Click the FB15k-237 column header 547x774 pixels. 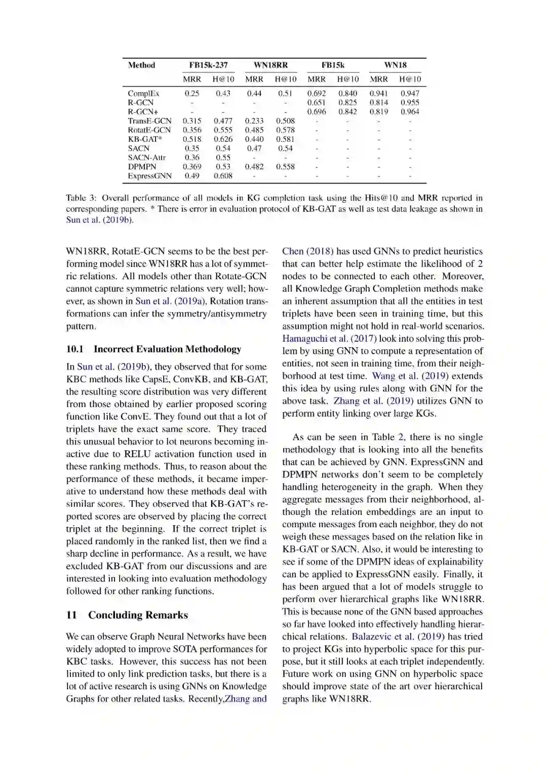(208, 65)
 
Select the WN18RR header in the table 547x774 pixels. (270, 65)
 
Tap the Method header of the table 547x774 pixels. (141, 65)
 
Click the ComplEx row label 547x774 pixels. (143, 93)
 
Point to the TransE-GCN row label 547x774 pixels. (149, 121)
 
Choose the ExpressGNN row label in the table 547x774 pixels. (149, 176)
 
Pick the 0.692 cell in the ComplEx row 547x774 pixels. (317, 93)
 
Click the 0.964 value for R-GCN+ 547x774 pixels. (410, 112)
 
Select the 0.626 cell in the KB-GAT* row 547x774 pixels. (223, 139)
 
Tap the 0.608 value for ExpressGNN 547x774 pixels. (223, 176)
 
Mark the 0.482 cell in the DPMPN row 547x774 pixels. (254, 167)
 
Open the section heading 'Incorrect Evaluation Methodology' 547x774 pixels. (167, 349)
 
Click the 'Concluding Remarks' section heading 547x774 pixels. (138, 615)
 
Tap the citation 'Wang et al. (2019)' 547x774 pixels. (410, 376)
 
